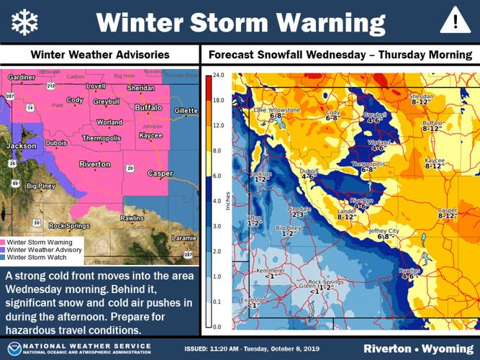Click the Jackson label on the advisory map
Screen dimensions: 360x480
21,146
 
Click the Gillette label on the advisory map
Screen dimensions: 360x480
185,110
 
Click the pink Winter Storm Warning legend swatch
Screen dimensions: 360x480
4,243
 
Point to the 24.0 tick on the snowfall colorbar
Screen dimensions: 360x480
219,75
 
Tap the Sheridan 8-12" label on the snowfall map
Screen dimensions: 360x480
422,99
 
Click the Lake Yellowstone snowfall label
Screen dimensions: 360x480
273,112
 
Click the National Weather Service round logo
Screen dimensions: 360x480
13,348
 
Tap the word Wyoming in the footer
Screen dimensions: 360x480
447,348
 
